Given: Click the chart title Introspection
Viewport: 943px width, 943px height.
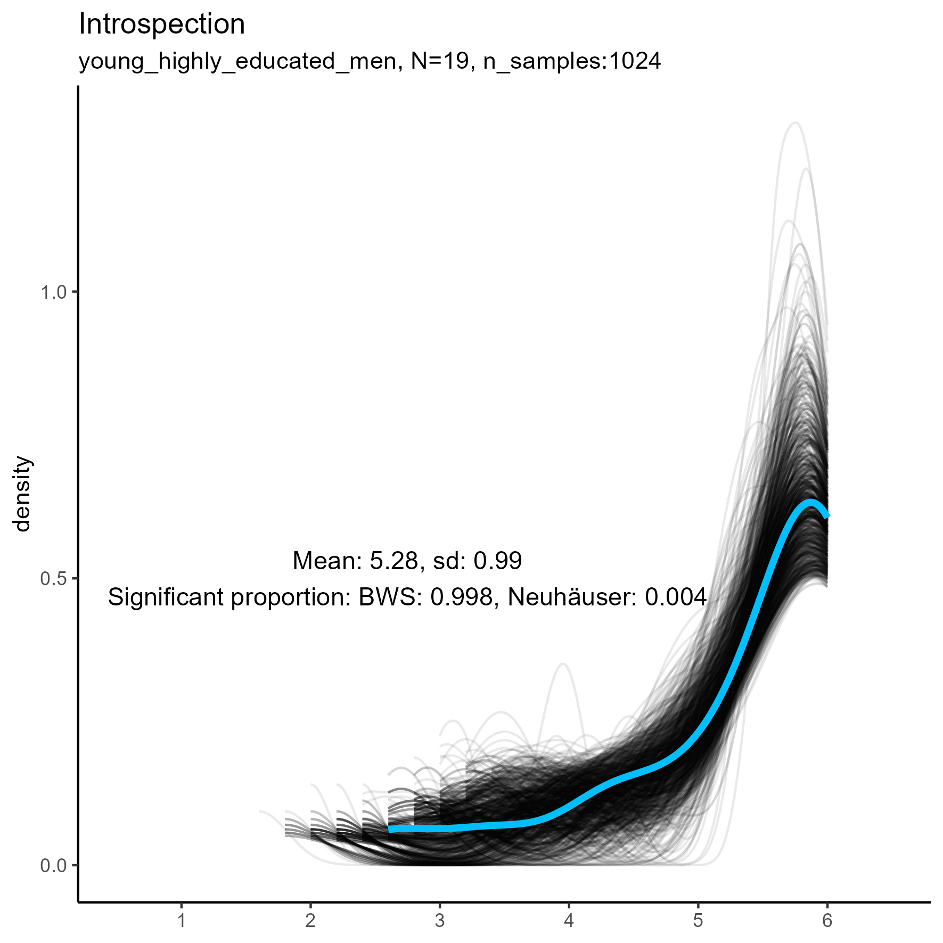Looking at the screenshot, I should pos(162,24).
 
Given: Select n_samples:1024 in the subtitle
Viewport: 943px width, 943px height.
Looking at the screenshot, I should pos(572,62).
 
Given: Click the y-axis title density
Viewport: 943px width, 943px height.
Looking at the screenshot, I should pos(22,494).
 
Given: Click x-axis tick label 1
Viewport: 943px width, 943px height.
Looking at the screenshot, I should pos(182,920).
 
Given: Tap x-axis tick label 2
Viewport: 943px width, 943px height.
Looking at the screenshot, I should pos(310,920).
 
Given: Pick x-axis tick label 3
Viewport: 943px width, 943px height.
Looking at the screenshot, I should pos(440,920).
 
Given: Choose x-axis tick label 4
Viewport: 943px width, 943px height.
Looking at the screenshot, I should pos(569,920).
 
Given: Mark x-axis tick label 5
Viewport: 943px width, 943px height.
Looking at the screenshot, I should pos(698,920).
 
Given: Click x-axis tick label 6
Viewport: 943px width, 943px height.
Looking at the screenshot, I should pos(827,920).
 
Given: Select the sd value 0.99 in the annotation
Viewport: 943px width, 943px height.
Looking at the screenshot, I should pos(498,561).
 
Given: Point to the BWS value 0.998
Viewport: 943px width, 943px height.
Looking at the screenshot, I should pos(462,597).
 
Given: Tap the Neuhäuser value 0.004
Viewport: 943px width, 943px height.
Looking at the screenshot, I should pos(676,597).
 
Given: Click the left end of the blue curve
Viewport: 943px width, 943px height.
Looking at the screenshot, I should pos(390,829).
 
